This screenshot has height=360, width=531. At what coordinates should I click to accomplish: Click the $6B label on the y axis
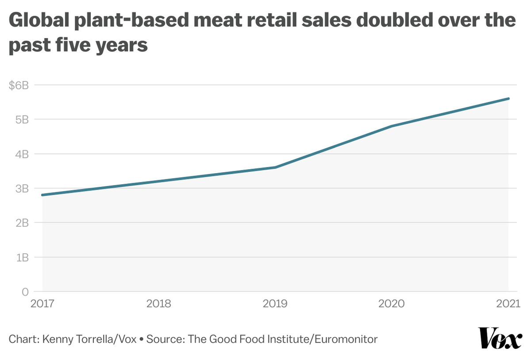pyautogui.click(x=19, y=85)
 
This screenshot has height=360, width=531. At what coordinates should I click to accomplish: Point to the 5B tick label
pyautogui.click(x=22, y=120)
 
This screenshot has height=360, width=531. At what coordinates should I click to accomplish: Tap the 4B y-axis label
pyautogui.click(x=22, y=154)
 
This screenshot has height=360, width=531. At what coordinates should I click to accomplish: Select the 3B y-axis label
pyautogui.click(x=22, y=189)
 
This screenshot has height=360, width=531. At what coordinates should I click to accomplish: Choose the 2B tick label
pyautogui.click(x=22, y=223)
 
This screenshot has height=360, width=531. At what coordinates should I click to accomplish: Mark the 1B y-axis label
pyautogui.click(x=22, y=257)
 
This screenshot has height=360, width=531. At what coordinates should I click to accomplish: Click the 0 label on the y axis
pyautogui.click(x=25, y=292)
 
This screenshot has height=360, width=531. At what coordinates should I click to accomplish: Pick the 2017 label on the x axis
pyautogui.click(x=42, y=304)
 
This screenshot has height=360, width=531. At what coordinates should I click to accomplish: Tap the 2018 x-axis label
pyautogui.click(x=159, y=304)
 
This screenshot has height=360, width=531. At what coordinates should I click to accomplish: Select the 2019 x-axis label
pyautogui.click(x=276, y=304)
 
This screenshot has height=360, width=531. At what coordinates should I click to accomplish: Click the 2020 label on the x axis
pyautogui.click(x=392, y=304)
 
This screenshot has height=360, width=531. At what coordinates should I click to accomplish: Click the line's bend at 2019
pyautogui.click(x=276, y=167)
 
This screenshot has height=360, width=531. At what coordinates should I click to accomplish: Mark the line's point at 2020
pyautogui.click(x=392, y=126)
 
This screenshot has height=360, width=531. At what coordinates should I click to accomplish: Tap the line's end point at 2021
pyautogui.click(x=508, y=98)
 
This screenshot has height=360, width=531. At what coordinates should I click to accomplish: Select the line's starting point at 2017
pyautogui.click(x=42, y=195)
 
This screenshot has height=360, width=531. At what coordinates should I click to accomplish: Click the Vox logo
pyautogui.click(x=500, y=339)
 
